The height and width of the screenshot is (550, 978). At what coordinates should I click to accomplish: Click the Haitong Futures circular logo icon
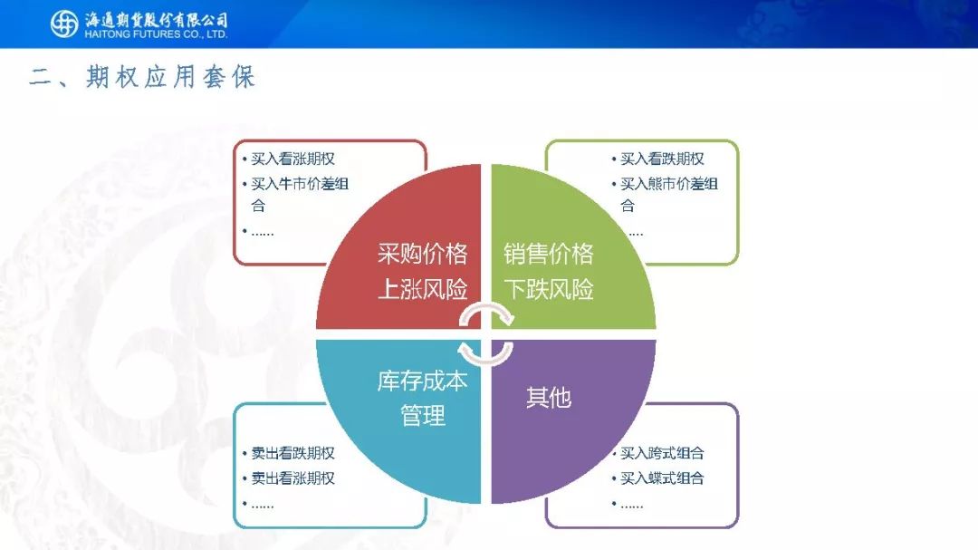[64, 24]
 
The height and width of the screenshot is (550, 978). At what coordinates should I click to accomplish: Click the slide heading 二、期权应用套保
[142, 77]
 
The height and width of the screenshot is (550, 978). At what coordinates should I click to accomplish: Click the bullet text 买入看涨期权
[292, 159]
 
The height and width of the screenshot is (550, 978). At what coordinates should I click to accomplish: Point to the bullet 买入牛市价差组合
[300, 194]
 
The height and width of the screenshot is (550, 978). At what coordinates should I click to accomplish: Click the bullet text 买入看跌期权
[662, 159]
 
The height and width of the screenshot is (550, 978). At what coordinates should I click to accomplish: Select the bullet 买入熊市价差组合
[668, 194]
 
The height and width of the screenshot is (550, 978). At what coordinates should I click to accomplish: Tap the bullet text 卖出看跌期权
[292, 453]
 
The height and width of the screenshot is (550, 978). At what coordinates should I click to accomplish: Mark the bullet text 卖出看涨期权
[292, 478]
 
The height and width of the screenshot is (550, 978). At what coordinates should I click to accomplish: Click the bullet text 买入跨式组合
[662, 453]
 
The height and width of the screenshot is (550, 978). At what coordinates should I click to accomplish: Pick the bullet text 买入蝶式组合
[662, 478]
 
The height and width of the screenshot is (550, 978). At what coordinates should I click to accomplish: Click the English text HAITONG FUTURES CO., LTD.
[156, 34]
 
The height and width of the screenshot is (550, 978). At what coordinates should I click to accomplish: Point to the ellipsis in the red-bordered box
[262, 234]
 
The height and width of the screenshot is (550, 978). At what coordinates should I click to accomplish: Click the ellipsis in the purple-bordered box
[632, 506]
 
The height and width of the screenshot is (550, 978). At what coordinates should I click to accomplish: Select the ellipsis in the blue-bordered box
[262, 506]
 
